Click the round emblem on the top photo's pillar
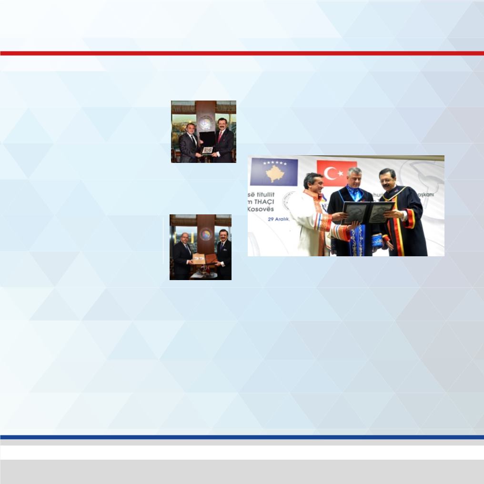[205, 124]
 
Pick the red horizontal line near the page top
[242, 53]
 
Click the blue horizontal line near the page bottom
[242, 437]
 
